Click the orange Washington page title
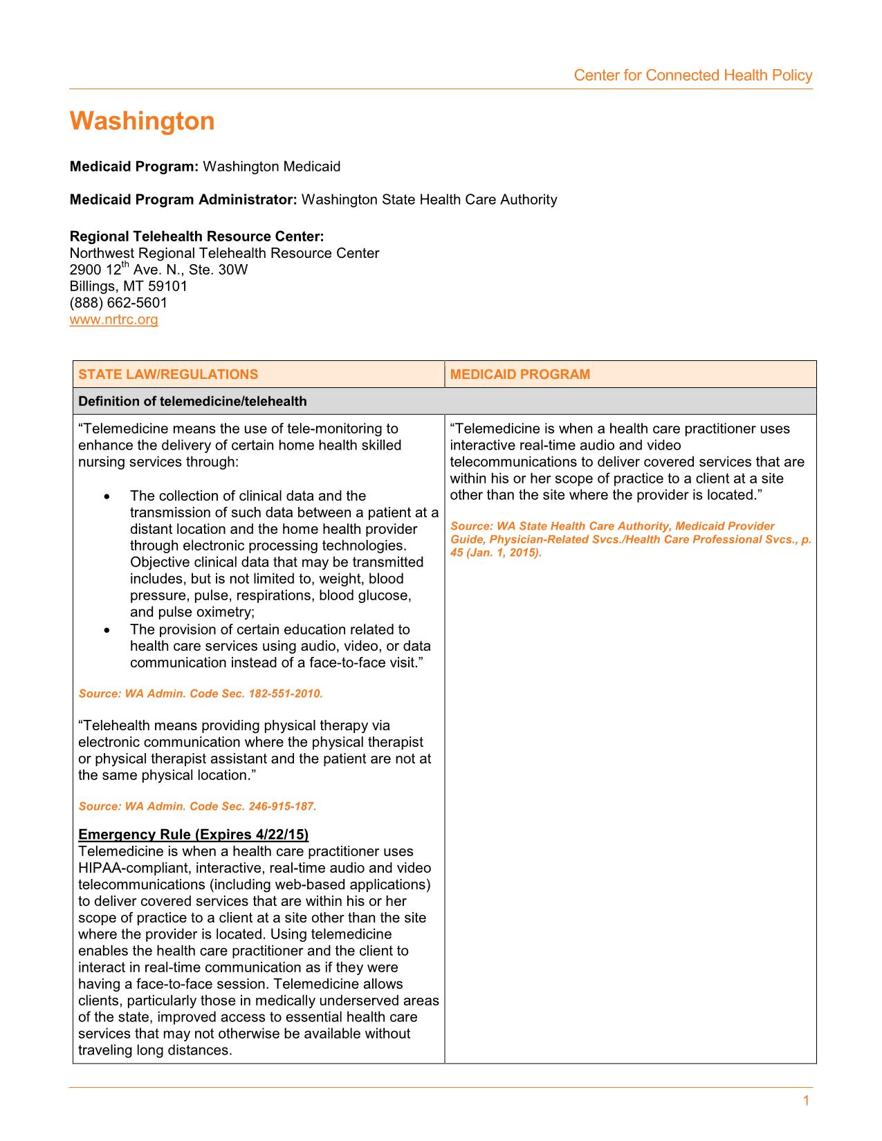[x=142, y=122]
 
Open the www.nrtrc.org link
[x=114, y=319]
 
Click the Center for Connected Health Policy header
[x=692, y=75]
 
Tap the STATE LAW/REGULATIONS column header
[x=168, y=375]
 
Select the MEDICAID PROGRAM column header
[x=520, y=375]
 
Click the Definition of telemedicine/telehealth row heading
[x=192, y=402]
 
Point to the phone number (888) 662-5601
[x=118, y=303]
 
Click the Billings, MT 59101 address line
[x=129, y=286]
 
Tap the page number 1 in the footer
[x=806, y=1101]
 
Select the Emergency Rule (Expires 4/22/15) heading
[x=194, y=834]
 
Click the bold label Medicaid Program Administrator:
[x=183, y=200]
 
